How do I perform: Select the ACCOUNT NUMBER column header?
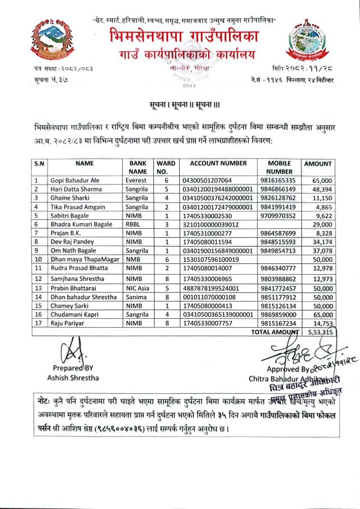click(218, 163)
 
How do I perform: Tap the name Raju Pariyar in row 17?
click(68, 324)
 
